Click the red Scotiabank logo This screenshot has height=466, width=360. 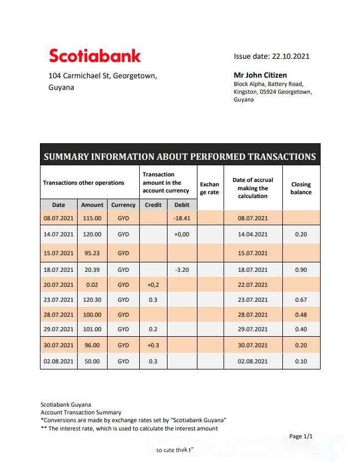95,55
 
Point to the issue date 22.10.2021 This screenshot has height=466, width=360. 272,56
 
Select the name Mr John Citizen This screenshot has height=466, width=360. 260,75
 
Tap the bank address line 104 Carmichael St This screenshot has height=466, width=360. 103,76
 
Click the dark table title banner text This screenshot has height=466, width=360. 180,156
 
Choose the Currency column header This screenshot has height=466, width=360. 123,205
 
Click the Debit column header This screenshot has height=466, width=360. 182,205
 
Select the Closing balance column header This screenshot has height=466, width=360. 301,188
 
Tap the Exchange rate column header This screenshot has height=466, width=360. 210,188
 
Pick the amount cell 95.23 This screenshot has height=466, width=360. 92,253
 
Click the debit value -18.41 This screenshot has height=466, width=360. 182,219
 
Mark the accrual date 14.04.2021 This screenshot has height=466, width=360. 252,235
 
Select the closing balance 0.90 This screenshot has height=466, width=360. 301,270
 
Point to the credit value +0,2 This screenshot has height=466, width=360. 153,285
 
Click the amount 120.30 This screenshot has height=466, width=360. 92,300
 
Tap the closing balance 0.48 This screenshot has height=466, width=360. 301,315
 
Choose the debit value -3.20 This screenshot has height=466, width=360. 182,270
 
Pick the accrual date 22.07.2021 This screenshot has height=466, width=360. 252,285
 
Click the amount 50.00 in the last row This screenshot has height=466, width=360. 92,361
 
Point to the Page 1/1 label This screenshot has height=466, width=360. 301,437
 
